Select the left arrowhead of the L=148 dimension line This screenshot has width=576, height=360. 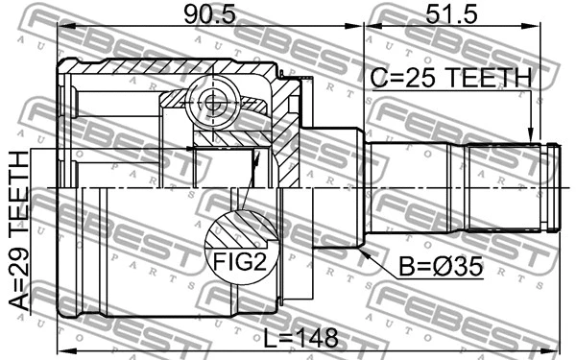[63, 348]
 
